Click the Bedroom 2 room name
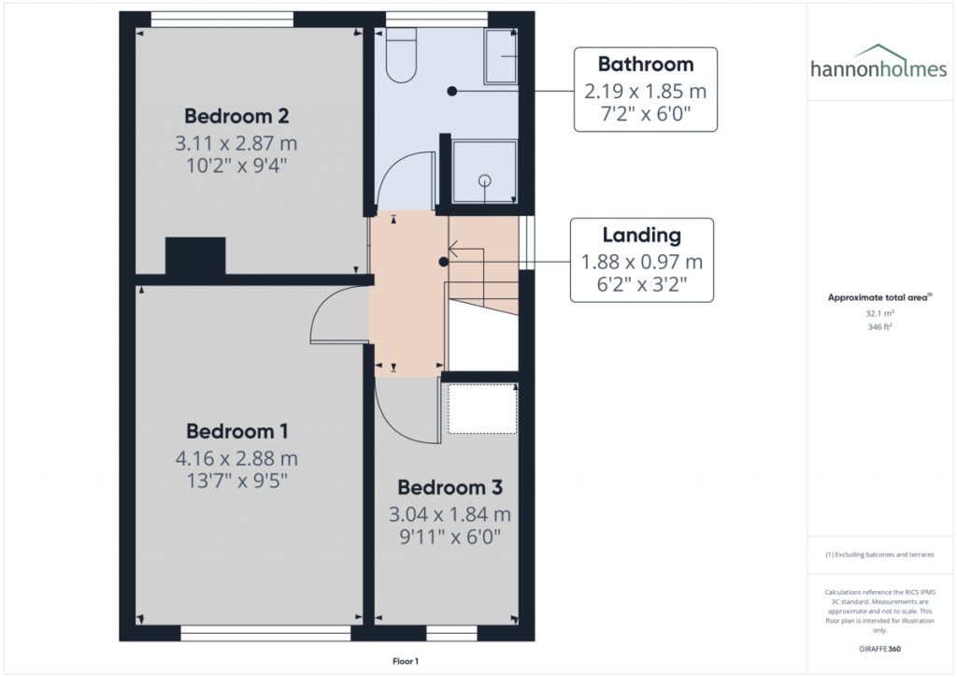[x=236, y=117]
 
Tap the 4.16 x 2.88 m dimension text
[x=236, y=458]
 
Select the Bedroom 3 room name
[x=450, y=487]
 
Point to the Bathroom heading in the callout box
[x=646, y=65]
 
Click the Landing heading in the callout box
[x=641, y=236]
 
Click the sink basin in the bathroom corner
[x=501, y=57]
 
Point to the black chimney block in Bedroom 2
[x=195, y=256]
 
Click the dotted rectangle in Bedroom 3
[x=482, y=408]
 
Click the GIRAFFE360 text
[x=878, y=648]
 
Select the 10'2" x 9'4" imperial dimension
[x=236, y=166]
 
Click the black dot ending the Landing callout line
[x=443, y=264]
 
